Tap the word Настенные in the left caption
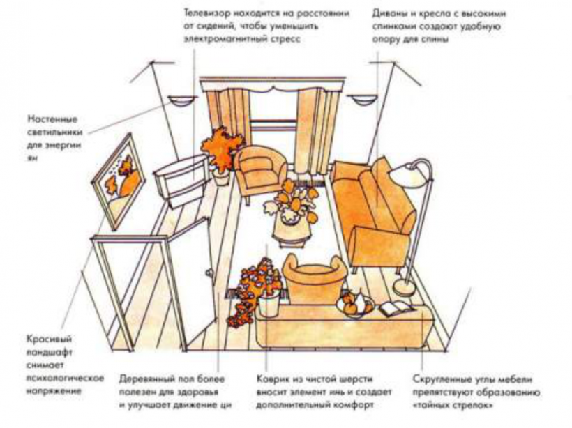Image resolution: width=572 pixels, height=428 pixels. point(52,119)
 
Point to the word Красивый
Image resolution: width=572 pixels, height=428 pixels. point(50,339)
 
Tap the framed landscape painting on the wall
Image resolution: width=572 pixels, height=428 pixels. point(118,181)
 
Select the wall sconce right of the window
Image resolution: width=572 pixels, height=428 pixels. point(361,100)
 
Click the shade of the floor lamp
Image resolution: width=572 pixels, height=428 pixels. point(408,176)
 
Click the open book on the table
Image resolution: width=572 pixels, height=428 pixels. point(396,308)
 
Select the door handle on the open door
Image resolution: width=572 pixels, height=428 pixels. point(209,273)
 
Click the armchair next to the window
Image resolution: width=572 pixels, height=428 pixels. point(259,171)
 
